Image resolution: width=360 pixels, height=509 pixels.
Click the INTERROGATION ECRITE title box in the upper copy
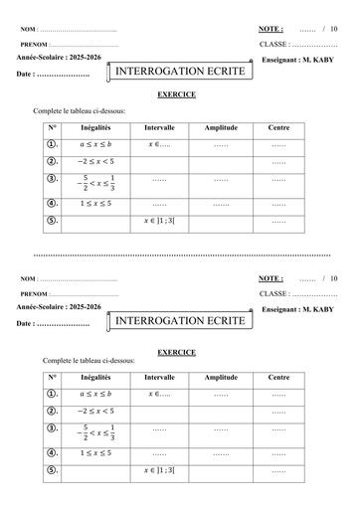[173, 73]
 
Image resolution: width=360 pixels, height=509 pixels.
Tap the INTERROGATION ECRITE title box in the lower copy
[173, 321]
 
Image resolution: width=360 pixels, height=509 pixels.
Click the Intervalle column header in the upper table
[160, 128]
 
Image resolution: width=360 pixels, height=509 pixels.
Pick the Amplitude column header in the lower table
[220, 378]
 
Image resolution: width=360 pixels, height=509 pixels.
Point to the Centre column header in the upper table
[278, 128]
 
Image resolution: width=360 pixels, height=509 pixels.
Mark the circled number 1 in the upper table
[52, 144]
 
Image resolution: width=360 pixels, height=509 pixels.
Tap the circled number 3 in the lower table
[52, 429]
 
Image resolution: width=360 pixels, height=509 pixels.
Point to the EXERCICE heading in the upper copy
[177, 94]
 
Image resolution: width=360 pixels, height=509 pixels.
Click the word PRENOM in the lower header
[35, 294]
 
